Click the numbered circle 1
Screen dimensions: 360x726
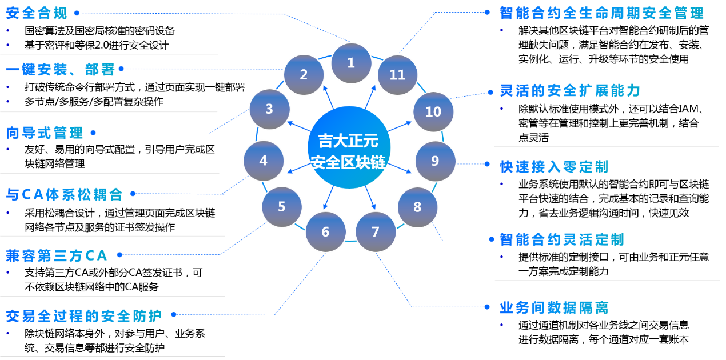tap(351, 63)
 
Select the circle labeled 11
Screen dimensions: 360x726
tap(397, 75)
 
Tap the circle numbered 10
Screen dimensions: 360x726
tap(433, 111)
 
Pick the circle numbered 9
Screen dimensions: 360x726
tap(435, 161)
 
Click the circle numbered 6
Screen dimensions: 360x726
tap(325, 231)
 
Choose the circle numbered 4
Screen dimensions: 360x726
tap(264, 161)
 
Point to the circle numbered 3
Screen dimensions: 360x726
tap(269, 109)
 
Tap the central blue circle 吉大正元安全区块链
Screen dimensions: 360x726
tap(349, 147)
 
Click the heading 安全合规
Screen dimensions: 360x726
tap(37, 13)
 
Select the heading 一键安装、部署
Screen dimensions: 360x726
tap(61, 69)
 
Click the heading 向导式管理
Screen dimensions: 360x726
tap(45, 133)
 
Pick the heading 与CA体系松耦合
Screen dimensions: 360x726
tap(64, 194)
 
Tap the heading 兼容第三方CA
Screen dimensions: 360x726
tap(57, 255)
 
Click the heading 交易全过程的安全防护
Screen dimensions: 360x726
tap(83, 315)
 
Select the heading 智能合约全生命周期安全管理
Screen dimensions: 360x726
tap(601, 13)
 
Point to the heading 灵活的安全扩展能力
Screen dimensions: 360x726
tap(570, 90)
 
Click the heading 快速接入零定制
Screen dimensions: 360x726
tap(554, 166)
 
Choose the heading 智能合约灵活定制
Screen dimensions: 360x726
tap(561, 239)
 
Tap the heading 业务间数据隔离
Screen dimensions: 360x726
tap(554, 308)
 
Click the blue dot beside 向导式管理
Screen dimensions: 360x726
tap(93, 133)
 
